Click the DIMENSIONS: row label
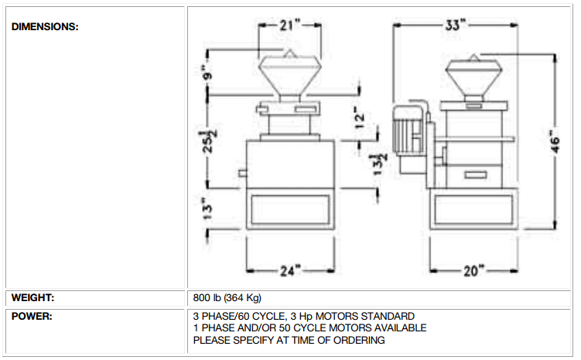(x=45, y=26)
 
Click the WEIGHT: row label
(x=32, y=297)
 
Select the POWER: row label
(x=32, y=317)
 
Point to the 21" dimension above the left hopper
(x=289, y=25)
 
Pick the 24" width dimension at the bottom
(x=289, y=270)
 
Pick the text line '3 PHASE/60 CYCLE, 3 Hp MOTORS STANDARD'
(x=303, y=317)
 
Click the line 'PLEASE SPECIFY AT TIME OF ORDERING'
(x=289, y=340)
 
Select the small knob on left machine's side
(x=241, y=172)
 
